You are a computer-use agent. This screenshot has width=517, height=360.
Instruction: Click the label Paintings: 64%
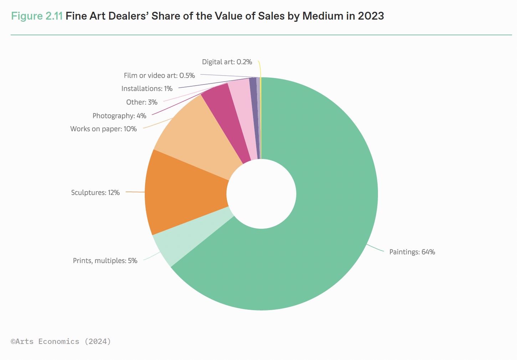[412, 252]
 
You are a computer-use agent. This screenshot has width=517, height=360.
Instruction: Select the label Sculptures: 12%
[95, 193]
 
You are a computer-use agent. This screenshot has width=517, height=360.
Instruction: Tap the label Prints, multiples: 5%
[105, 261]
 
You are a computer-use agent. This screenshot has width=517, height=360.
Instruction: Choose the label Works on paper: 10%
[103, 129]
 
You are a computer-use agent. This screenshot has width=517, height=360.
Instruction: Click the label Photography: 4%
[119, 116]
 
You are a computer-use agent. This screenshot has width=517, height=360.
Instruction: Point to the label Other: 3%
[142, 102]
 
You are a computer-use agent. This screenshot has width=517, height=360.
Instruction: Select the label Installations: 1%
[147, 89]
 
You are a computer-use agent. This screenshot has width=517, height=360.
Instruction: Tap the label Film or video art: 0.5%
[159, 76]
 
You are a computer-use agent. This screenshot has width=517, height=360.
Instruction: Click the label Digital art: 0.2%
[227, 62]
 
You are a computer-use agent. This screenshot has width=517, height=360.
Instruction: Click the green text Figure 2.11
[37, 16]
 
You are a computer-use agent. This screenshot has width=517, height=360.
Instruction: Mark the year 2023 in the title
[371, 16]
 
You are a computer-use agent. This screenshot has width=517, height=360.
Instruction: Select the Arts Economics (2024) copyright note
[61, 341]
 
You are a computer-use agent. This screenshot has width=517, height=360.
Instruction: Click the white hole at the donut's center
[261, 194]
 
